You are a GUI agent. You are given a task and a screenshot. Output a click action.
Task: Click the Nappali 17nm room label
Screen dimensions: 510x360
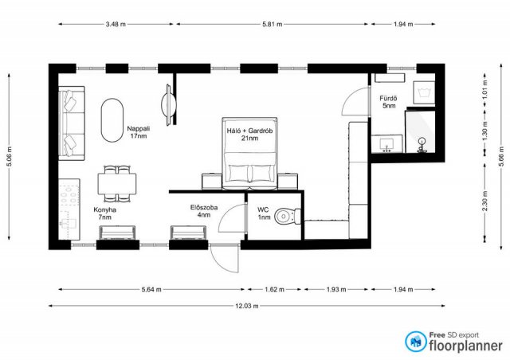tap(138, 132)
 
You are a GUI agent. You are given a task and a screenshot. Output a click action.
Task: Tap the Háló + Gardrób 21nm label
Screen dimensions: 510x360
tap(249, 135)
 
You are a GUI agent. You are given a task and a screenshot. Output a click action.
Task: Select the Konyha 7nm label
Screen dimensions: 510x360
tap(104, 213)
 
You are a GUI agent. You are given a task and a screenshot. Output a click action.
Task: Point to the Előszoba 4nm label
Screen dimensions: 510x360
tap(204, 211)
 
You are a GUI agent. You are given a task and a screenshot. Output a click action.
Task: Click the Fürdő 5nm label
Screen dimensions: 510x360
tap(389, 102)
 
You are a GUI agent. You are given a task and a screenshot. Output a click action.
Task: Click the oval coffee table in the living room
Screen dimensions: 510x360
tap(112, 120)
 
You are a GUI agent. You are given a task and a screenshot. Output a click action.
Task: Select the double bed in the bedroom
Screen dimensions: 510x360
tap(249, 154)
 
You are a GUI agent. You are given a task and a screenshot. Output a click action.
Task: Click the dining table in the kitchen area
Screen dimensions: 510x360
tap(117, 184)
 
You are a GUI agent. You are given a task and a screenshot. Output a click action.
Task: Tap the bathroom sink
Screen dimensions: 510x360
tap(386, 143)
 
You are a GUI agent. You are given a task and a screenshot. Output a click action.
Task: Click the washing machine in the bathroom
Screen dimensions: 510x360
tap(424, 92)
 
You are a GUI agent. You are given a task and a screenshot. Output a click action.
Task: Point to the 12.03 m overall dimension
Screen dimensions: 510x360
tap(247, 306)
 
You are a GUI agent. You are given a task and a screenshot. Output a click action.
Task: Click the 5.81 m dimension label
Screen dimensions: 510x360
tap(273, 24)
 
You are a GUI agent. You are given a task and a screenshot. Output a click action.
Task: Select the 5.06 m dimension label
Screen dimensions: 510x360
tap(9, 156)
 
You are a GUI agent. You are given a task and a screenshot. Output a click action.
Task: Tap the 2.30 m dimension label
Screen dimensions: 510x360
tap(485, 201)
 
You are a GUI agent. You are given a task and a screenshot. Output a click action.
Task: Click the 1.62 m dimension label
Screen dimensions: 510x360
tap(274, 289)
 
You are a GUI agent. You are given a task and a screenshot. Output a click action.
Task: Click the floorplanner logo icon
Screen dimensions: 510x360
tap(416, 342)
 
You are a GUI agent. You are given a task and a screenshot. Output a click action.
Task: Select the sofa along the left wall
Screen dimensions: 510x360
tap(72, 123)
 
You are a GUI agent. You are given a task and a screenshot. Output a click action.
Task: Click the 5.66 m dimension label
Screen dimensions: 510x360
tap(501, 156)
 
